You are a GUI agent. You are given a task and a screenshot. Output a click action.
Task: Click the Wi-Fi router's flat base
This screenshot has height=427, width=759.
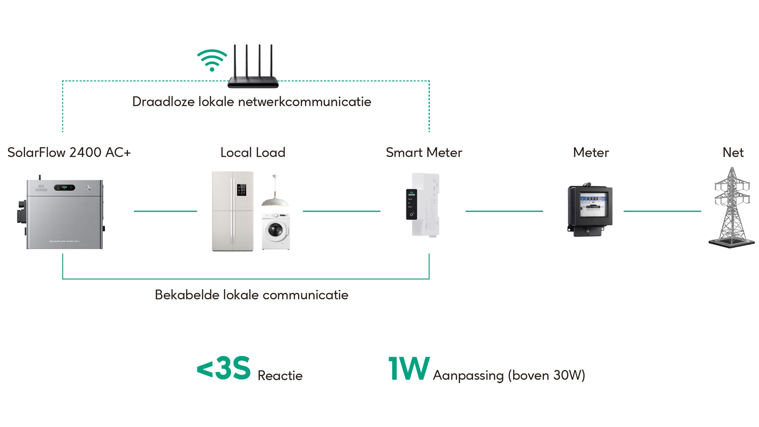pyautogui.click(x=253, y=83)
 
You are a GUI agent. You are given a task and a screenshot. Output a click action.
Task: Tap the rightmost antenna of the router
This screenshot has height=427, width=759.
pyautogui.click(x=270, y=59)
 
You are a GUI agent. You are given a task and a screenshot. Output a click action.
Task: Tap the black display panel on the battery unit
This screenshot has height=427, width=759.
pyautogui.click(x=64, y=187)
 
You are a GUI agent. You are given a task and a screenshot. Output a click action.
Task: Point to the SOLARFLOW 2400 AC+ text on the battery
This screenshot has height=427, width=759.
pyautogui.click(x=64, y=241)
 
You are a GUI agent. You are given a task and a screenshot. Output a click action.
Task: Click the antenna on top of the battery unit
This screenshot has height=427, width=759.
pyautogui.click(x=39, y=174)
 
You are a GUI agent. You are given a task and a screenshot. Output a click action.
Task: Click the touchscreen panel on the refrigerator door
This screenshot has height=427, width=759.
pyautogui.click(x=242, y=190)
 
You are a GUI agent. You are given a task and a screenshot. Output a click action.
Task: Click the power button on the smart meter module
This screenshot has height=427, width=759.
pyautogui.click(x=412, y=214)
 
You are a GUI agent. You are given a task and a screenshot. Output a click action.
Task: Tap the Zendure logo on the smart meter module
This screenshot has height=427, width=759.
pyautogui.click(x=412, y=194)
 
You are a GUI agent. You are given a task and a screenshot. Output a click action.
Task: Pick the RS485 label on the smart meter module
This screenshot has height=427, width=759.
pyautogui.click(x=410, y=207)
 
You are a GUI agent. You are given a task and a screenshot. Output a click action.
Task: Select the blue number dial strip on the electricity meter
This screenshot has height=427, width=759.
pyautogui.click(x=590, y=199)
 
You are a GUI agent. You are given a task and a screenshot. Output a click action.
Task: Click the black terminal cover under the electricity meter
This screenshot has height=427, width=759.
pyautogui.click(x=590, y=231)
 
